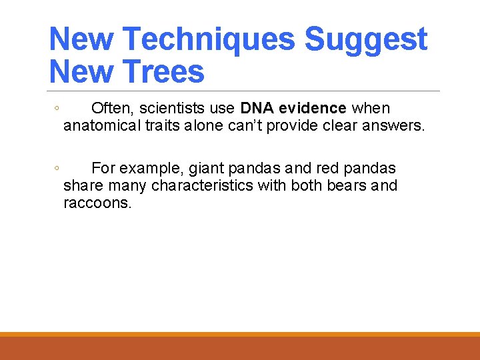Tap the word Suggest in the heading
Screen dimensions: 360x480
(365, 39)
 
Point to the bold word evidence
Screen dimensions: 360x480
(313, 108)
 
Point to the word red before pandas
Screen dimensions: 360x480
(327, 168)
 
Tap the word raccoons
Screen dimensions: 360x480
(97, 203)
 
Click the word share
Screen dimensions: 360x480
(81, 185)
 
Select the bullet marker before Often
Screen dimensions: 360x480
(57, 109)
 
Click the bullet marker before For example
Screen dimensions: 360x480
(57, 169)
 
